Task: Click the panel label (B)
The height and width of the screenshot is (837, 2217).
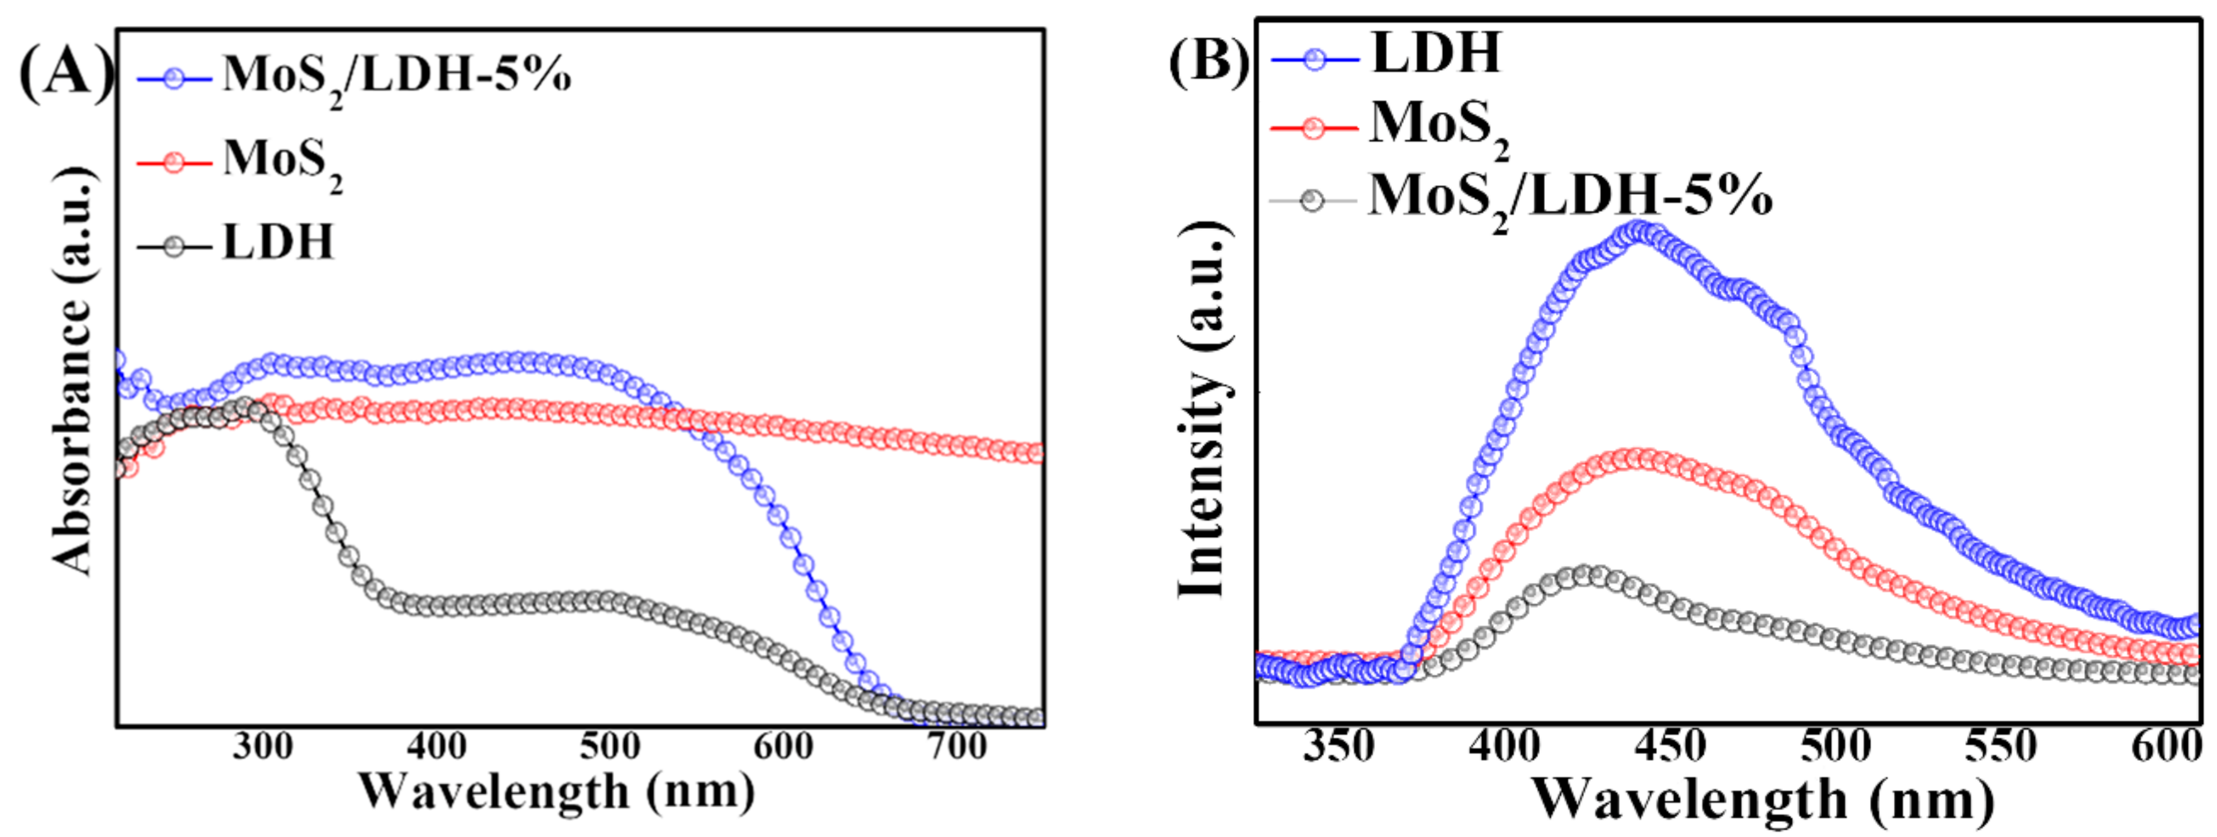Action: (1207, 61)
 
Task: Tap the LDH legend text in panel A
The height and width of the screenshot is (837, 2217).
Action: (277, 242)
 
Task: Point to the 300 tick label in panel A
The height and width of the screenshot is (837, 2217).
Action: (263, 745)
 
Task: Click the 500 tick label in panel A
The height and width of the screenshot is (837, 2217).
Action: (609, 745)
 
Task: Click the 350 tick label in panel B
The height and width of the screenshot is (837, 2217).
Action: (1339, 746)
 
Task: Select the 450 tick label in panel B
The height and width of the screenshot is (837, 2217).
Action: (1670, 746)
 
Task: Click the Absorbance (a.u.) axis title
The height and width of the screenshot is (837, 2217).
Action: (73, 370)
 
